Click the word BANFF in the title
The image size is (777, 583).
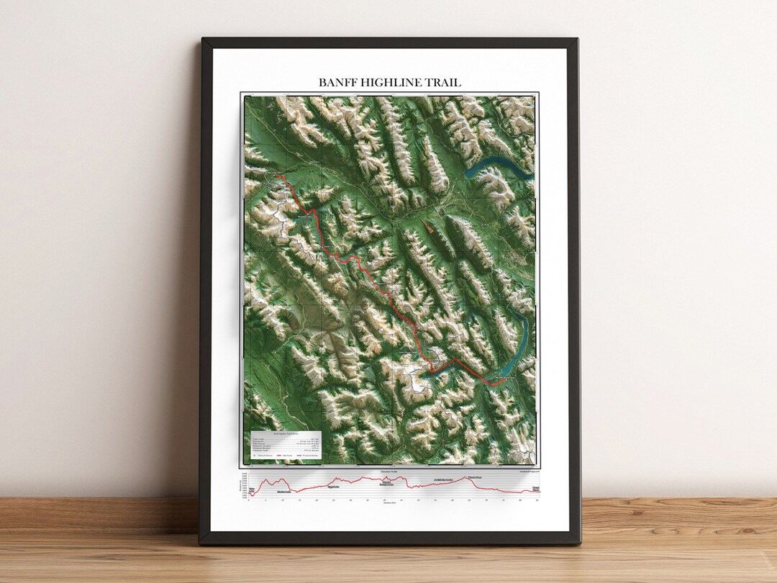[336, 83]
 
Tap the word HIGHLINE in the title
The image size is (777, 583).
[391, 83]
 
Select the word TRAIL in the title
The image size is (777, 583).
[445, 83]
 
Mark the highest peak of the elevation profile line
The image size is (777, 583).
[465, 478]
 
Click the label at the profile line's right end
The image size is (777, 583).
[535, 489]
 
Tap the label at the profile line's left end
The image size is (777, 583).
[252, 490]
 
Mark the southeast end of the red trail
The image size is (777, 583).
[496, 384]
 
